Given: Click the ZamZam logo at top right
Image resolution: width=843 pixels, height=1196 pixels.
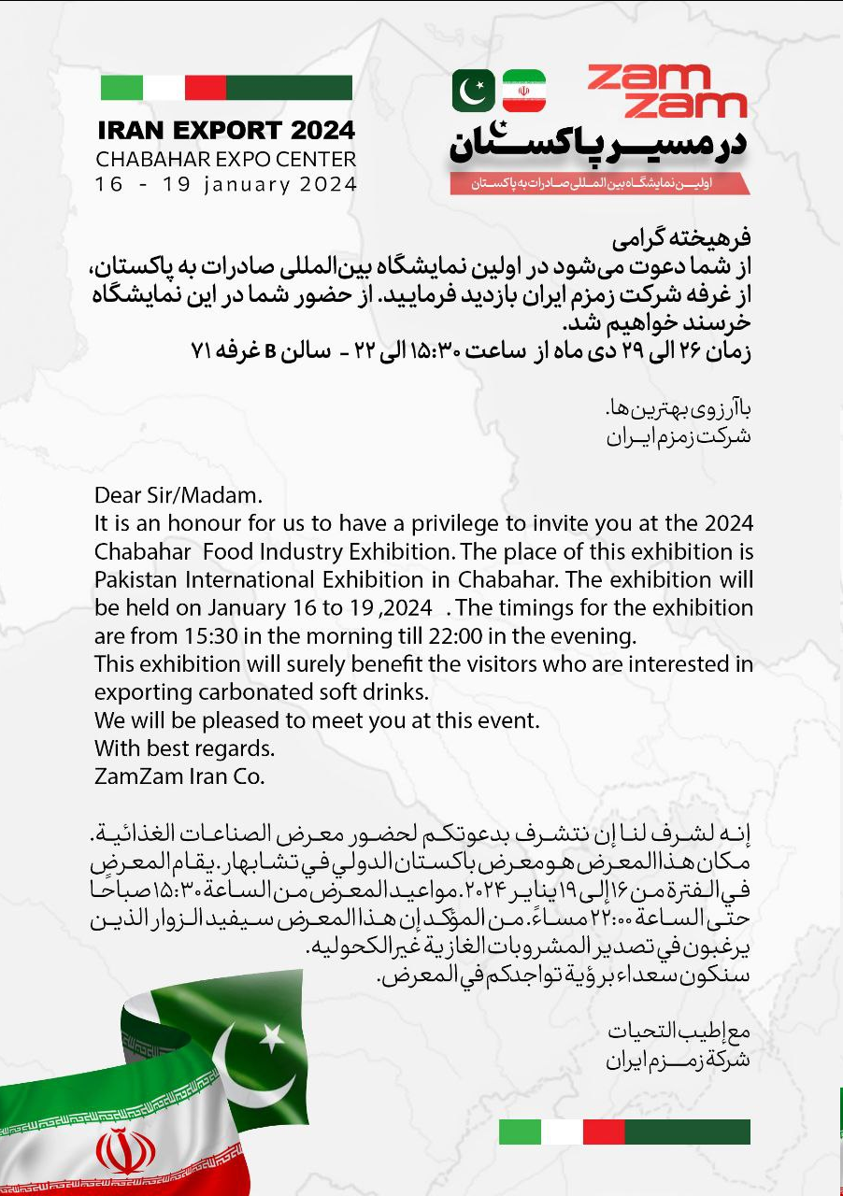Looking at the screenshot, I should click(x=667, y=92).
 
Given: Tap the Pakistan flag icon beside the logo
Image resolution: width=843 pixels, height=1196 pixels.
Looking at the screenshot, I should click(x=474, y=91).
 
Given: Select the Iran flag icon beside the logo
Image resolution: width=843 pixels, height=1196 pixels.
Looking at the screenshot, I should click(x=523, y=91).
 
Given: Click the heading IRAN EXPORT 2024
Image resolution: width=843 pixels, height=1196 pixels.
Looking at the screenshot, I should click(x=226, y=129).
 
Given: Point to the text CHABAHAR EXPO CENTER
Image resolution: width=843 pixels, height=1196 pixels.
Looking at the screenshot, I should click(x=226, y=159).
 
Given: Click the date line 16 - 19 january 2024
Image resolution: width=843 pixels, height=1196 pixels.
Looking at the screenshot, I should click(x=226, y=184).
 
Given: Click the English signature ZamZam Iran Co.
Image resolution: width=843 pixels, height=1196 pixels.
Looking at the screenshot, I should click(x=179, y=776).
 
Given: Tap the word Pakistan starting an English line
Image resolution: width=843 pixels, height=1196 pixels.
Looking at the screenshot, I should click(x=133, y=579).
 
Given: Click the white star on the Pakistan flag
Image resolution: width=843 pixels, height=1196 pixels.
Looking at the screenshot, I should click(x=271, y=1035).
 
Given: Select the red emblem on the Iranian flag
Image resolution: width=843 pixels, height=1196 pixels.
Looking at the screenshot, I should click(x=126, y=1150).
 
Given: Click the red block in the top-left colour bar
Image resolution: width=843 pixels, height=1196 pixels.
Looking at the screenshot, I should click(x=206, y=88).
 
